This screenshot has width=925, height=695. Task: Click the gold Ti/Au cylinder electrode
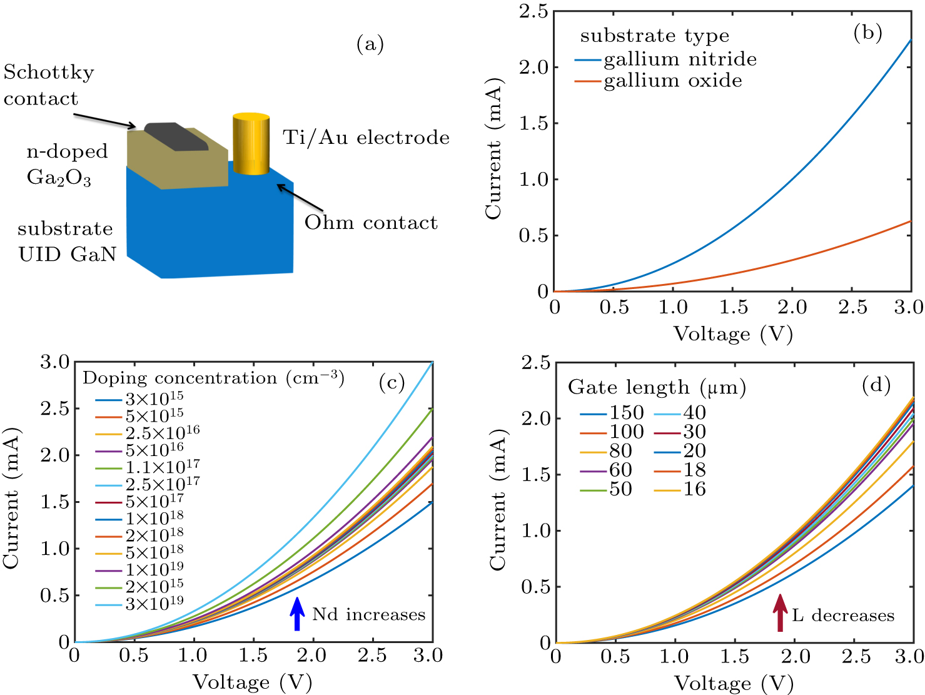[x=251, y=145]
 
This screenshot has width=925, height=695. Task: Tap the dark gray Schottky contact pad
[x=176, y=137]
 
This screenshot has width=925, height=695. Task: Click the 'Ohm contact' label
[x=371, y=223]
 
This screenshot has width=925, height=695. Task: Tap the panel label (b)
[x=867, y=33]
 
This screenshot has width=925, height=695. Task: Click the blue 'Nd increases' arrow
[x=297, y=614]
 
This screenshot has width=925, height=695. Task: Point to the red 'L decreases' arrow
[x=779, y=613]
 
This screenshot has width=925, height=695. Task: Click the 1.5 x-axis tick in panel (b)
[x=733, y=307]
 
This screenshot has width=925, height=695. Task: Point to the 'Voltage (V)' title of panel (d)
[x=734, y=683]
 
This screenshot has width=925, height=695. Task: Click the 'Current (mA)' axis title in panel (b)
[x=493, y=149]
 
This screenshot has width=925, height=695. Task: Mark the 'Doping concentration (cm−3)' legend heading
[x=213, y=378]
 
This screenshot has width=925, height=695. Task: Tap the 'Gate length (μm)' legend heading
[x=657, y=388]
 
